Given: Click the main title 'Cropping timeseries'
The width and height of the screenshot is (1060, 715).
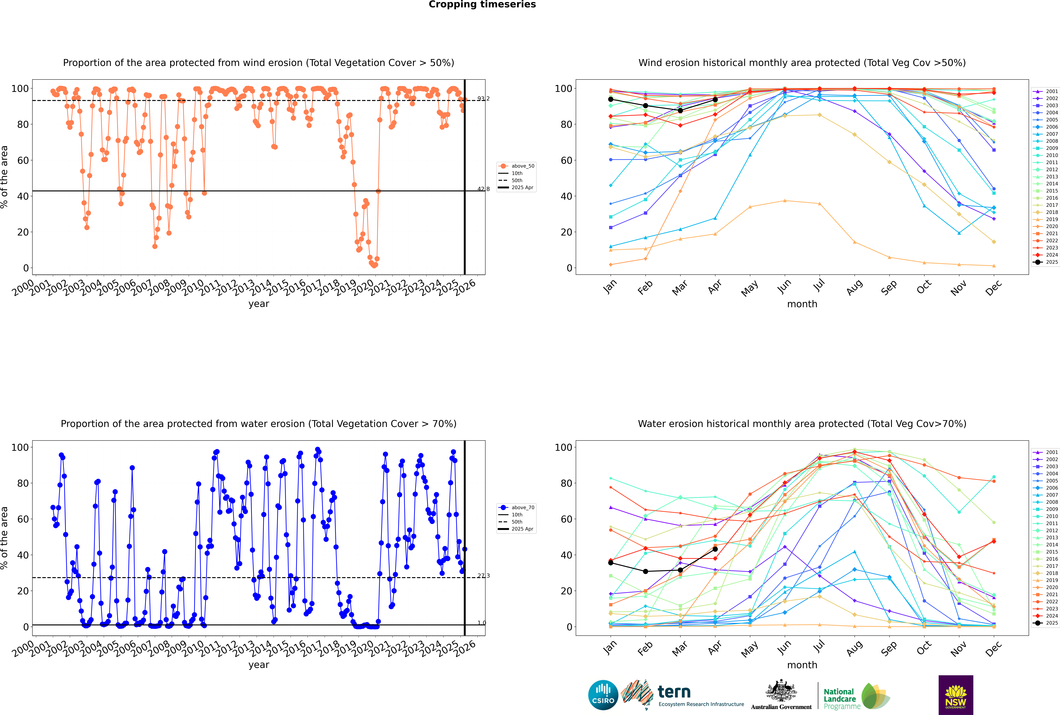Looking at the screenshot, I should (x=482, y=5).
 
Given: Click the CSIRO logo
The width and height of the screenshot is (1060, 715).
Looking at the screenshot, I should (x=603, y=695).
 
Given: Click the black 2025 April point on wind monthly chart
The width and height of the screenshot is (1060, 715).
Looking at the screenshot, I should (x=715, y=99).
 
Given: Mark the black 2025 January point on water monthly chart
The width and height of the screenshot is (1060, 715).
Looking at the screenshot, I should (x=611, y=563).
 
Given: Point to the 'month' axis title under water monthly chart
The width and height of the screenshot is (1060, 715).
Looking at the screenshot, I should (x=802, y=665).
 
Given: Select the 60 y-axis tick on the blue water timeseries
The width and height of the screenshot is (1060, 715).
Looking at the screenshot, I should (x=23, y=519).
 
